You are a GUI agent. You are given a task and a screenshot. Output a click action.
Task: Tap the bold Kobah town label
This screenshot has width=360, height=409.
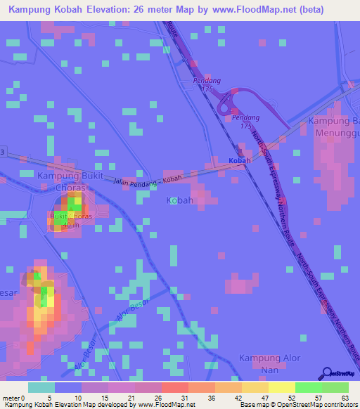pyautogui.click(x=240, y=161)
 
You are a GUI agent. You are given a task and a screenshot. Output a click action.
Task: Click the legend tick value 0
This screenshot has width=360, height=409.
pyautogui.click(x=22, y=398)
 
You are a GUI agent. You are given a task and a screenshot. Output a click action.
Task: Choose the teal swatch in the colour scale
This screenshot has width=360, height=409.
pyautogui.click(x=41, y=387)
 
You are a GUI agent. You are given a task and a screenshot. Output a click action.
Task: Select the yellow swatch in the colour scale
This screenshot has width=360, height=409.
pyautogui.click(x=281, y=387)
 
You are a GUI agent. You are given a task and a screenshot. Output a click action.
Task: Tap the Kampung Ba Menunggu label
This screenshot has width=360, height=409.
pyautogui.click(x=333, y=127)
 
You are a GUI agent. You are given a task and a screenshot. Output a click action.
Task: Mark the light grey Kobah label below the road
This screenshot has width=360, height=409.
pyautogui.click(x=180, y=201)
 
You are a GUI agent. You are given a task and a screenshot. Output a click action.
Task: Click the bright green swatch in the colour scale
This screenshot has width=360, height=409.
pyautogui.click(x=308, y=387)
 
